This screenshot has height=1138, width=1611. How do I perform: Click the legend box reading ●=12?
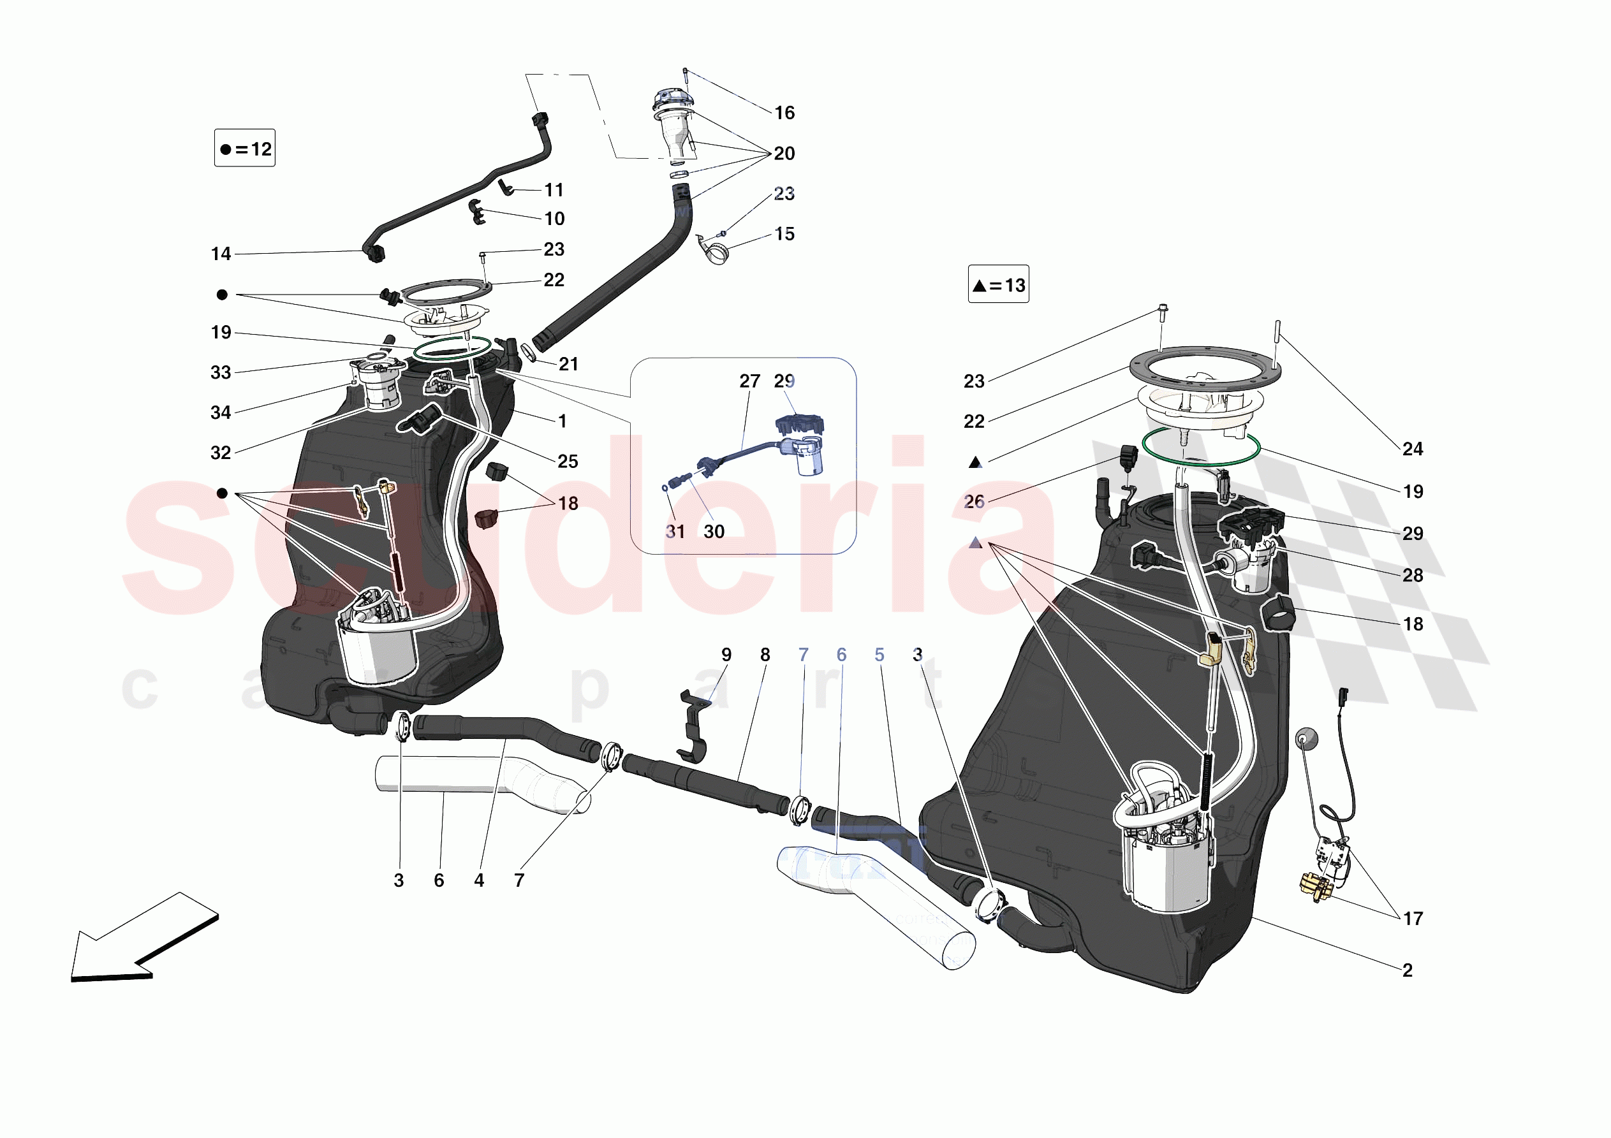(244, 148)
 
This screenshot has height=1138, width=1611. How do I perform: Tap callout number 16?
(784, 113)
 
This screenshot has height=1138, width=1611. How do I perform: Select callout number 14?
(221, 254)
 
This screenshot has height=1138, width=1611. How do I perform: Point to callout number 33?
(221, 372)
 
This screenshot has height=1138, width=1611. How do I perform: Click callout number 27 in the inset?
(749, 381)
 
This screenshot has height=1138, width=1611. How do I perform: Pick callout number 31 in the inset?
(675, 532)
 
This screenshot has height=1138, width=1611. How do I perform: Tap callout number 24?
(1413, 449)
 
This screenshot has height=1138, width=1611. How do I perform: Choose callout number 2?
(1407, 970)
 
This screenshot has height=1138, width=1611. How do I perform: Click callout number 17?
(1413, 919)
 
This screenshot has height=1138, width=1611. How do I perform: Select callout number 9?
(726, 655)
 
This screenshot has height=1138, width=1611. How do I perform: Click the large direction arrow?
(144, 938)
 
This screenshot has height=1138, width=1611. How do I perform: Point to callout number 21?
(568, 364)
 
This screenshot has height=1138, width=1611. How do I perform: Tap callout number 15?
(784, 235)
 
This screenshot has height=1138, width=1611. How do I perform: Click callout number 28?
(1413, 575)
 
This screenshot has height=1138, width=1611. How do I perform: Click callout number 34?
(221, 412)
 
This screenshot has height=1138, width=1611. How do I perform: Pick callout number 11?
(554, 190)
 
